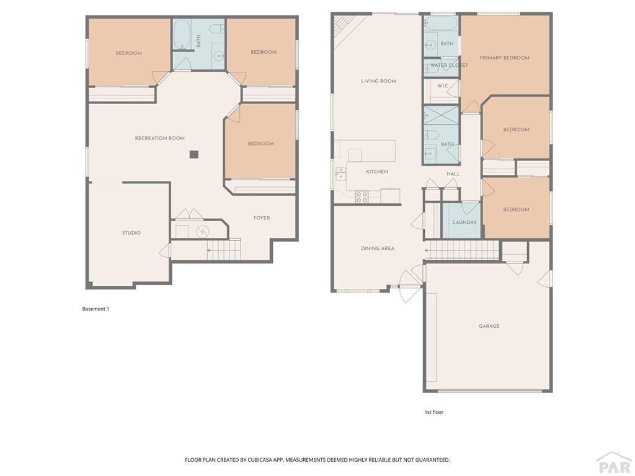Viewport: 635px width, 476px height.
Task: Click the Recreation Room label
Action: (x=159, y=138)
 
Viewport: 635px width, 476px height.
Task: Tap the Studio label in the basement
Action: (x=131, y=233)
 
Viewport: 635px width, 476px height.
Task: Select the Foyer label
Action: (x=262, y=218)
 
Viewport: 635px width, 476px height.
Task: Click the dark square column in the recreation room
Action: (x=194, y=154)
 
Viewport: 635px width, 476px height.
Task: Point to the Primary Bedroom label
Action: (x=505, y=58)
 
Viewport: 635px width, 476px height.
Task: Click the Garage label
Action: (x=489, y=326)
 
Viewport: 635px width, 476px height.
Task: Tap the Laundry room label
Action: (x=464, y=223)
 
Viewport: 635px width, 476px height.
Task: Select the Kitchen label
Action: (x=377, y=172)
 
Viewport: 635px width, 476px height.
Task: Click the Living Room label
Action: (x=379, y=81)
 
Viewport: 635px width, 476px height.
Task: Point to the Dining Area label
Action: (x=378, y=249)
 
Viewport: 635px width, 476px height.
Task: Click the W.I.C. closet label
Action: (x=443, y=86)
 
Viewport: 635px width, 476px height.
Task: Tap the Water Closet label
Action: (x=449, y=65)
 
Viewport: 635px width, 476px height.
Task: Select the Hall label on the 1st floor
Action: (x=453, y=174)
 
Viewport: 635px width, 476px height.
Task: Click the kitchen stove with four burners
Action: (x=362, y=196)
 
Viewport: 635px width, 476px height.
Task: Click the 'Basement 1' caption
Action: (x=95, y=309)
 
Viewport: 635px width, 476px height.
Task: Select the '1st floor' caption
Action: (x=433, y=412)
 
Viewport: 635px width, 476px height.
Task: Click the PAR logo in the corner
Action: (x=614, y=463)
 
